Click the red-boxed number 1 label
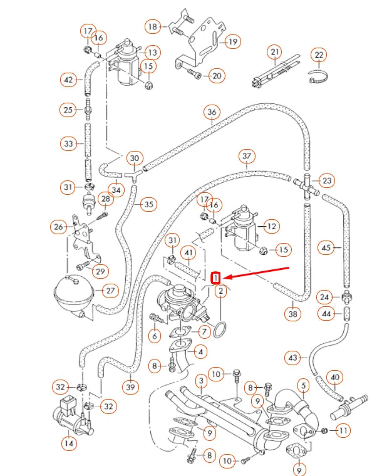pyautogui.click(x=216, y=277)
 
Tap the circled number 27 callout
pyautogui.click(x=110, y=291)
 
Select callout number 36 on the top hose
pyautogui.click(x=212, y=113)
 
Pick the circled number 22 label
pyautogui.click(x=319, y=56)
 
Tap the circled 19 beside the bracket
pyautogui.click(x=233, y=42)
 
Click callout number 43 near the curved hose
pyautogui.click(x=293, y=358)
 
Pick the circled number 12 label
pyautogui.click(x=271, y=225)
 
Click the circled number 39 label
pyautogui.click(x=130, y=388)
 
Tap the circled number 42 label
pyautogui.click(x=68, y=80)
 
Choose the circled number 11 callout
pyautogui.click(x=343, y=430)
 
